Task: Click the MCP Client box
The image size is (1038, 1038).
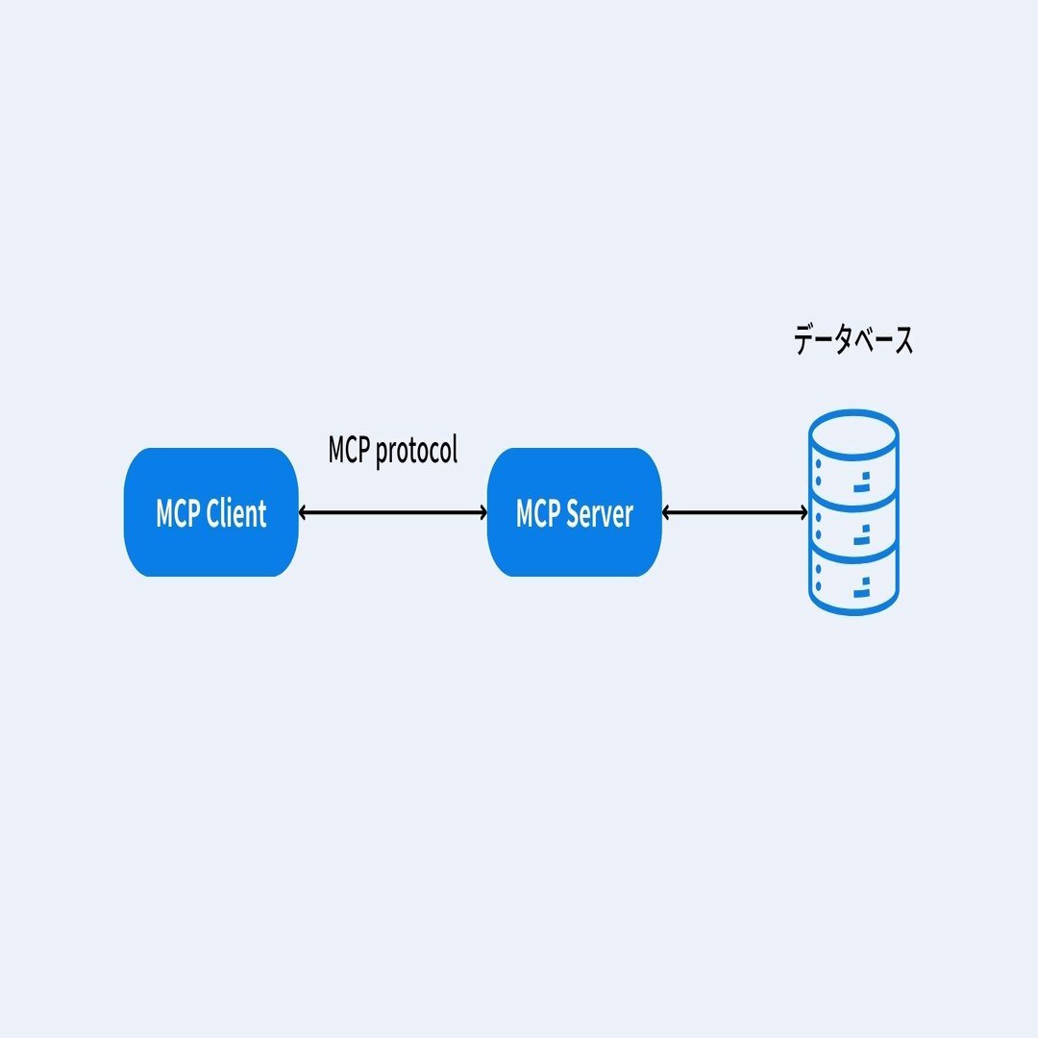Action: [211, 512]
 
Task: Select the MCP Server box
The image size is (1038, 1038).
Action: [574, 512]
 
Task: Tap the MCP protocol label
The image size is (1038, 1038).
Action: [392, 450]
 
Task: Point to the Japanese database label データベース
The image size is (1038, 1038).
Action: [853, 341]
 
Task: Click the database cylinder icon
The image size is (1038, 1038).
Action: [853, 512]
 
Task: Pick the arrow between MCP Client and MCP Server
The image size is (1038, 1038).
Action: [392, 512]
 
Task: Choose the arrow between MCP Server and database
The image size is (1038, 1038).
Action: [735, 512]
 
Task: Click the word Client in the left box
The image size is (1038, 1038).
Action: [236, 514]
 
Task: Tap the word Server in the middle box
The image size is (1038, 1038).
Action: [600, 514]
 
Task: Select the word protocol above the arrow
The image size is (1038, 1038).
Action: [416, 451]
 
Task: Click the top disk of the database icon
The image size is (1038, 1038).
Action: [853, 457]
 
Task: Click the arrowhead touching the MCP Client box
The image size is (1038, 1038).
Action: [304, 512]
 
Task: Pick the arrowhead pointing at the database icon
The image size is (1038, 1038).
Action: [803, 512]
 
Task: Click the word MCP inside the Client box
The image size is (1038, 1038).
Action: [179, 514]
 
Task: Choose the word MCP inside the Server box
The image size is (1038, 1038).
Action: [538, 514]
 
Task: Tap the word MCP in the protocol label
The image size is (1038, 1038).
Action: [349, 450]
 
